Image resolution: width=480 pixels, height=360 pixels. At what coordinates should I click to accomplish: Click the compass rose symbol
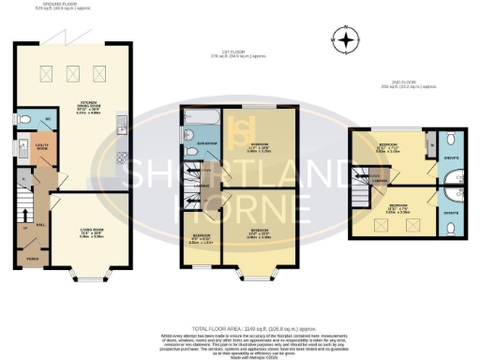(348, 40)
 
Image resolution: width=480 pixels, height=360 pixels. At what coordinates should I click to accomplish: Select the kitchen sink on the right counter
(123, 122)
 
